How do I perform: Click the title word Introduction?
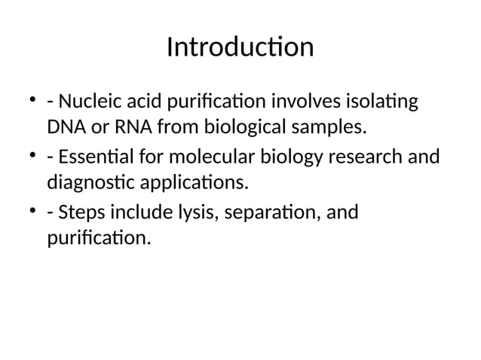[x=240, y=47]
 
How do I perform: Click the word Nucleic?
[x=89, y=101]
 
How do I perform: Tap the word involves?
[x=305, y=101]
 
